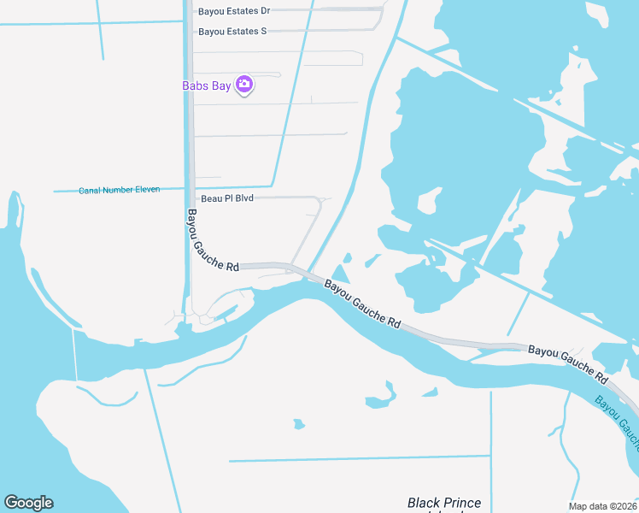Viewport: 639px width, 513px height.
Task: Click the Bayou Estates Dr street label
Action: pos(234,11)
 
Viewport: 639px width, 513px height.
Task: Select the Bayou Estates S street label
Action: pos(232,32)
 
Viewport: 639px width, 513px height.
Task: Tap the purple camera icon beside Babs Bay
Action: pos(245,85)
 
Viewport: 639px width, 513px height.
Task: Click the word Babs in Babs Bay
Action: pos(196,85)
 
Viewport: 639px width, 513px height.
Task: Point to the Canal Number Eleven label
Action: pos(120,190)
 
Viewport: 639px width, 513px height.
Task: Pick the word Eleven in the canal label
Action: pos(147,190)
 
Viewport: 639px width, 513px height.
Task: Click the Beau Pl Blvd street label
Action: pos(226,198)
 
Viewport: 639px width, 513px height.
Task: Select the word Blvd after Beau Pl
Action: pos(244,198)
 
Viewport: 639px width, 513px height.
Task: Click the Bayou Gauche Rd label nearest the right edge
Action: pos(567,363)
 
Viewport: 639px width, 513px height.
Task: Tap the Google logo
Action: pos(28,503)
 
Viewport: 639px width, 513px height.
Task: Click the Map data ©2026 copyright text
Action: pos(601,505)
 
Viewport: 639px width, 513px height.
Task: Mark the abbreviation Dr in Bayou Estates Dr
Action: pos(265,11)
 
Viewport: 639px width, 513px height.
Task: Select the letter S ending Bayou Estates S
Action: pos(264,32)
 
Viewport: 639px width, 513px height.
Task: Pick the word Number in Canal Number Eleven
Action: pos(118,190)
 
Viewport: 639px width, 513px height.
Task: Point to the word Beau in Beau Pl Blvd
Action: pos(210,198)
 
